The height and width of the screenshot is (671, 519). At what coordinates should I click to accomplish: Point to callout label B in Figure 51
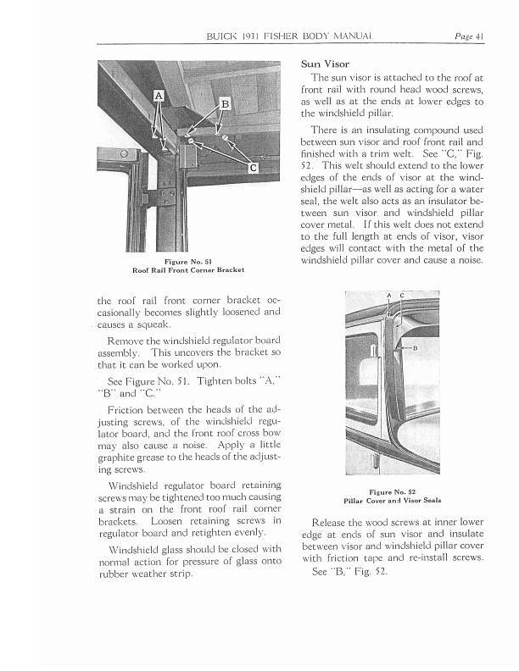[x=225, y=104]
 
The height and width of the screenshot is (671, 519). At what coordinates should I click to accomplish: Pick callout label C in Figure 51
[x=254, y=168]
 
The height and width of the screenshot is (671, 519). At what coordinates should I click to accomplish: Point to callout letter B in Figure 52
[x=416, y=348]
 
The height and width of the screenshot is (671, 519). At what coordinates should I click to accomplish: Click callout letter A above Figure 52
[x=388, y=295]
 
